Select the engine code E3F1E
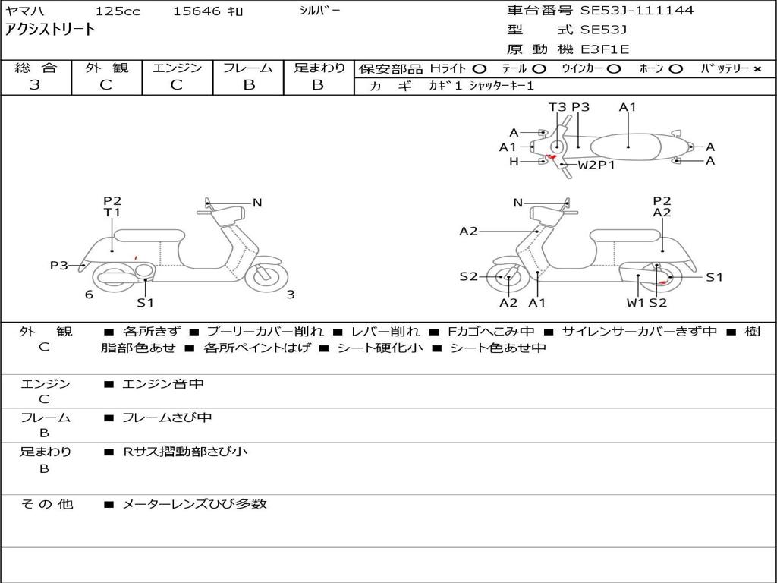click(605, 50)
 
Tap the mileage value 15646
click(197, 11)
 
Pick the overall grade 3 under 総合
click(35, 85)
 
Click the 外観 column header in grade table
click(106, 68)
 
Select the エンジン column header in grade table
click(177, 68)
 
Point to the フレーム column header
click(247, 68)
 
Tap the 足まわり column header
click(319, 68)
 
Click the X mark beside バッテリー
click(757, 69)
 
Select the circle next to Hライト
click(480, 69)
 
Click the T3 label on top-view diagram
click(558, 107)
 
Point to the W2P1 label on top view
click(596, 165)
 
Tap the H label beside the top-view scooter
click(514, 161)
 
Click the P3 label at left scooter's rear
click(59, 265)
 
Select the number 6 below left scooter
click(89, 295)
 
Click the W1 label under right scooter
click(635, 303)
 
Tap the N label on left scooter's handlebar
click(257, 203)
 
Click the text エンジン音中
click(163, 384)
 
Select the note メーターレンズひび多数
click(195, 503)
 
